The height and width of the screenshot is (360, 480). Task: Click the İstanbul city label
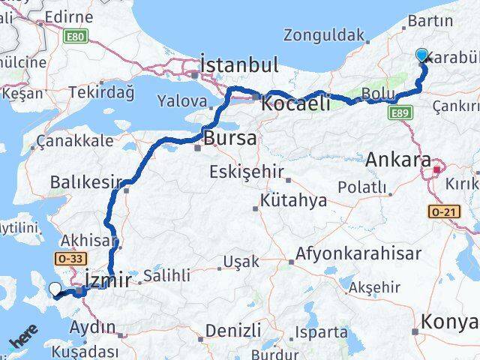click(x=238, y=64)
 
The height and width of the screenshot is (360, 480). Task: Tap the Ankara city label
click(x=398, y=160)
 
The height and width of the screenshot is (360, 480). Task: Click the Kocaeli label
click(x=295, y=103)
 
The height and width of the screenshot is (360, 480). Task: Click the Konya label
click(x=450, y=322)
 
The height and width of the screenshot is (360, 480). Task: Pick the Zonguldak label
click(x=325, y=34)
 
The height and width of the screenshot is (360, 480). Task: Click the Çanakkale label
click(x=75, y=140)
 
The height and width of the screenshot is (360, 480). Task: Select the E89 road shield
click(x=400, y=113)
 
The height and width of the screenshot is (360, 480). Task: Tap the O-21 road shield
click(x=441, y=213)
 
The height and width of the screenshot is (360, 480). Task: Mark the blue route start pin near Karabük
click(x=421, y=55)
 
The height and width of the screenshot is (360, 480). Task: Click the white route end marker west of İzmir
click(x=55, y=289)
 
